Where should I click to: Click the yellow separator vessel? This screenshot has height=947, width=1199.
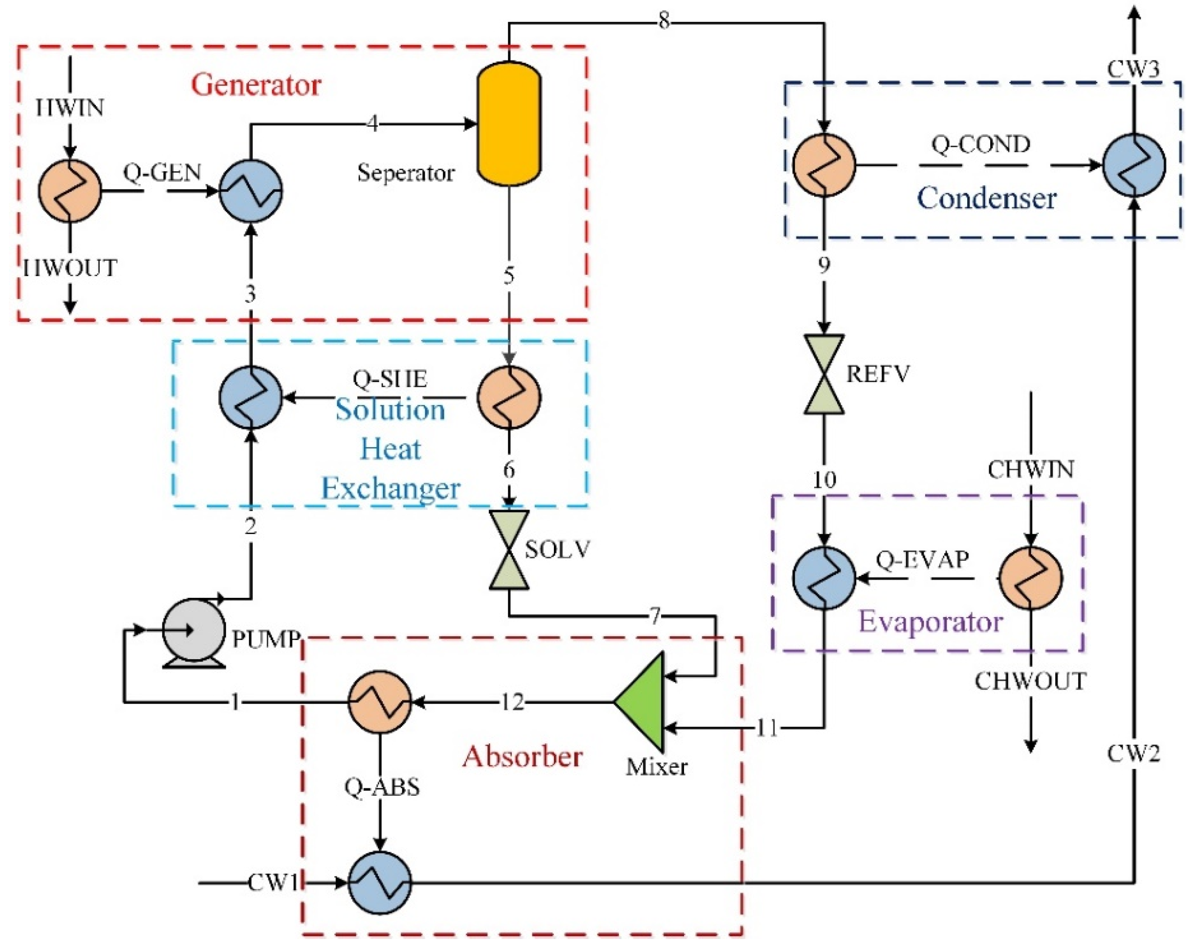tap(508, 123)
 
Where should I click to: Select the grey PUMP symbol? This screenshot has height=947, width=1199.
tap(193, 631)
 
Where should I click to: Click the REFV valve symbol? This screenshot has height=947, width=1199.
tap(824, 374)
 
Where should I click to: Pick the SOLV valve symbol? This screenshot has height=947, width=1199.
tap(508, 550)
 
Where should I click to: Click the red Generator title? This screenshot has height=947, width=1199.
tap(256, 85)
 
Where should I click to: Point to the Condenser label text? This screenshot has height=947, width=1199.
tap(986, 198)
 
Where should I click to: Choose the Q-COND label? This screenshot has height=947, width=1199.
tap(980, 145)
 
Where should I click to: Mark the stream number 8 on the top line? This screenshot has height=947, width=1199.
tap(664, 22)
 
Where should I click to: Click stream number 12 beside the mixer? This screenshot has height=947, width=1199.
tap(512, 703)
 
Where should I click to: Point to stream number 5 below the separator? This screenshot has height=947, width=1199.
tap(508, 276)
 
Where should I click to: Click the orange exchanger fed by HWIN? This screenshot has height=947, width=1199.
tap(70, 191)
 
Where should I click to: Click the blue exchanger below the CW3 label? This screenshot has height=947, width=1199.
tap(1133, 165)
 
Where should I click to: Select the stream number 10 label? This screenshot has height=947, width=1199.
tap(824, 479)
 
